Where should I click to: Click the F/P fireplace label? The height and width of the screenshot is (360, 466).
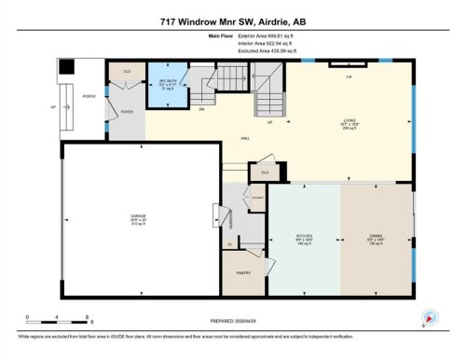349,77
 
